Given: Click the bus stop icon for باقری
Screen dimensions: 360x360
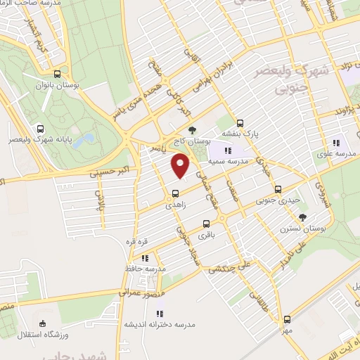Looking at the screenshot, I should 206,224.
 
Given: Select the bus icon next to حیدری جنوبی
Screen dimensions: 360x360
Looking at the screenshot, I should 278,189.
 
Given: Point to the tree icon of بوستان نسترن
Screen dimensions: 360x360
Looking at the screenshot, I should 303,217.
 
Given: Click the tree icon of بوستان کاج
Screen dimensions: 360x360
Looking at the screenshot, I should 191,129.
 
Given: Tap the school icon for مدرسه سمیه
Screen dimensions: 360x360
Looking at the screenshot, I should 227,150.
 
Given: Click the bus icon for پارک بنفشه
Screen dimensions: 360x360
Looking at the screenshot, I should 240,121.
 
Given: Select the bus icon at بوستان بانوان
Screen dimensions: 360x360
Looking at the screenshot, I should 57,73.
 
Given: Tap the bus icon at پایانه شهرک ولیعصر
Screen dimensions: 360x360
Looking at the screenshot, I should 41,129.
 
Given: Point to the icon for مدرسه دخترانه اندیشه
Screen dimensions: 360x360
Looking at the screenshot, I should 160,314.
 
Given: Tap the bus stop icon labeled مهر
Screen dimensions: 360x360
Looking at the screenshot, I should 285,319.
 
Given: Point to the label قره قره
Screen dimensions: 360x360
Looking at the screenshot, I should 134,242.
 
